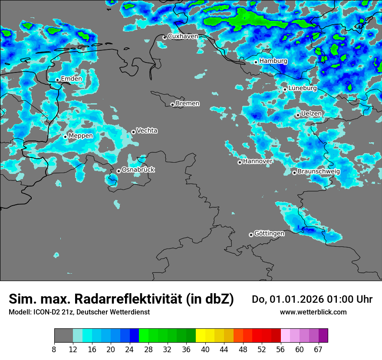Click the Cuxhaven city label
(183, 36)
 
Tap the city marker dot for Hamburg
(256, 62)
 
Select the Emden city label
(71, 79)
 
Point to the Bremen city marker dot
(172, 105)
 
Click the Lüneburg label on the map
(303, 88)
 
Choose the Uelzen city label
(311, 114)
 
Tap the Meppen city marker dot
(66, 137)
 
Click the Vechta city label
(147, 131)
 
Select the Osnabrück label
(138, 170)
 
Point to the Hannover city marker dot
(240, 162)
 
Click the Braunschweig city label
(319, 172)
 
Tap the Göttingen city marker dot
(251, 235)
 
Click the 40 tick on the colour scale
(205, 350)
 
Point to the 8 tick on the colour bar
(54, 350)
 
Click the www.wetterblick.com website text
(313, 312)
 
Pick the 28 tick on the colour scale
(148, 350)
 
